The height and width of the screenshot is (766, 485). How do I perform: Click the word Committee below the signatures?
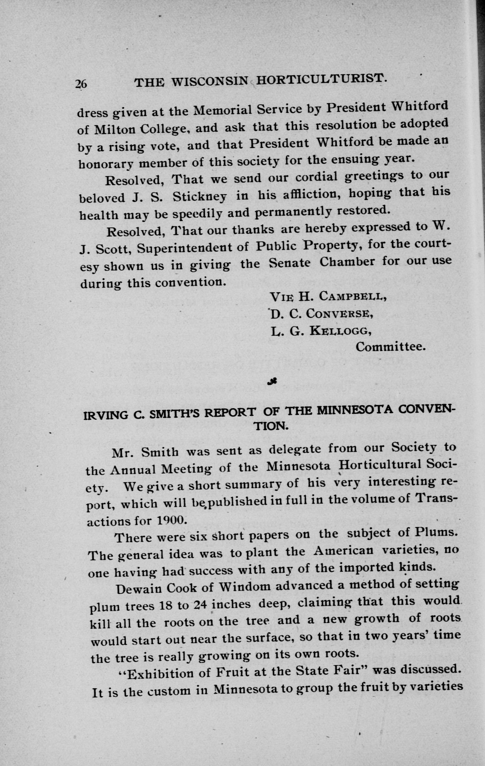pyautogui.click(x=390, y=347)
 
